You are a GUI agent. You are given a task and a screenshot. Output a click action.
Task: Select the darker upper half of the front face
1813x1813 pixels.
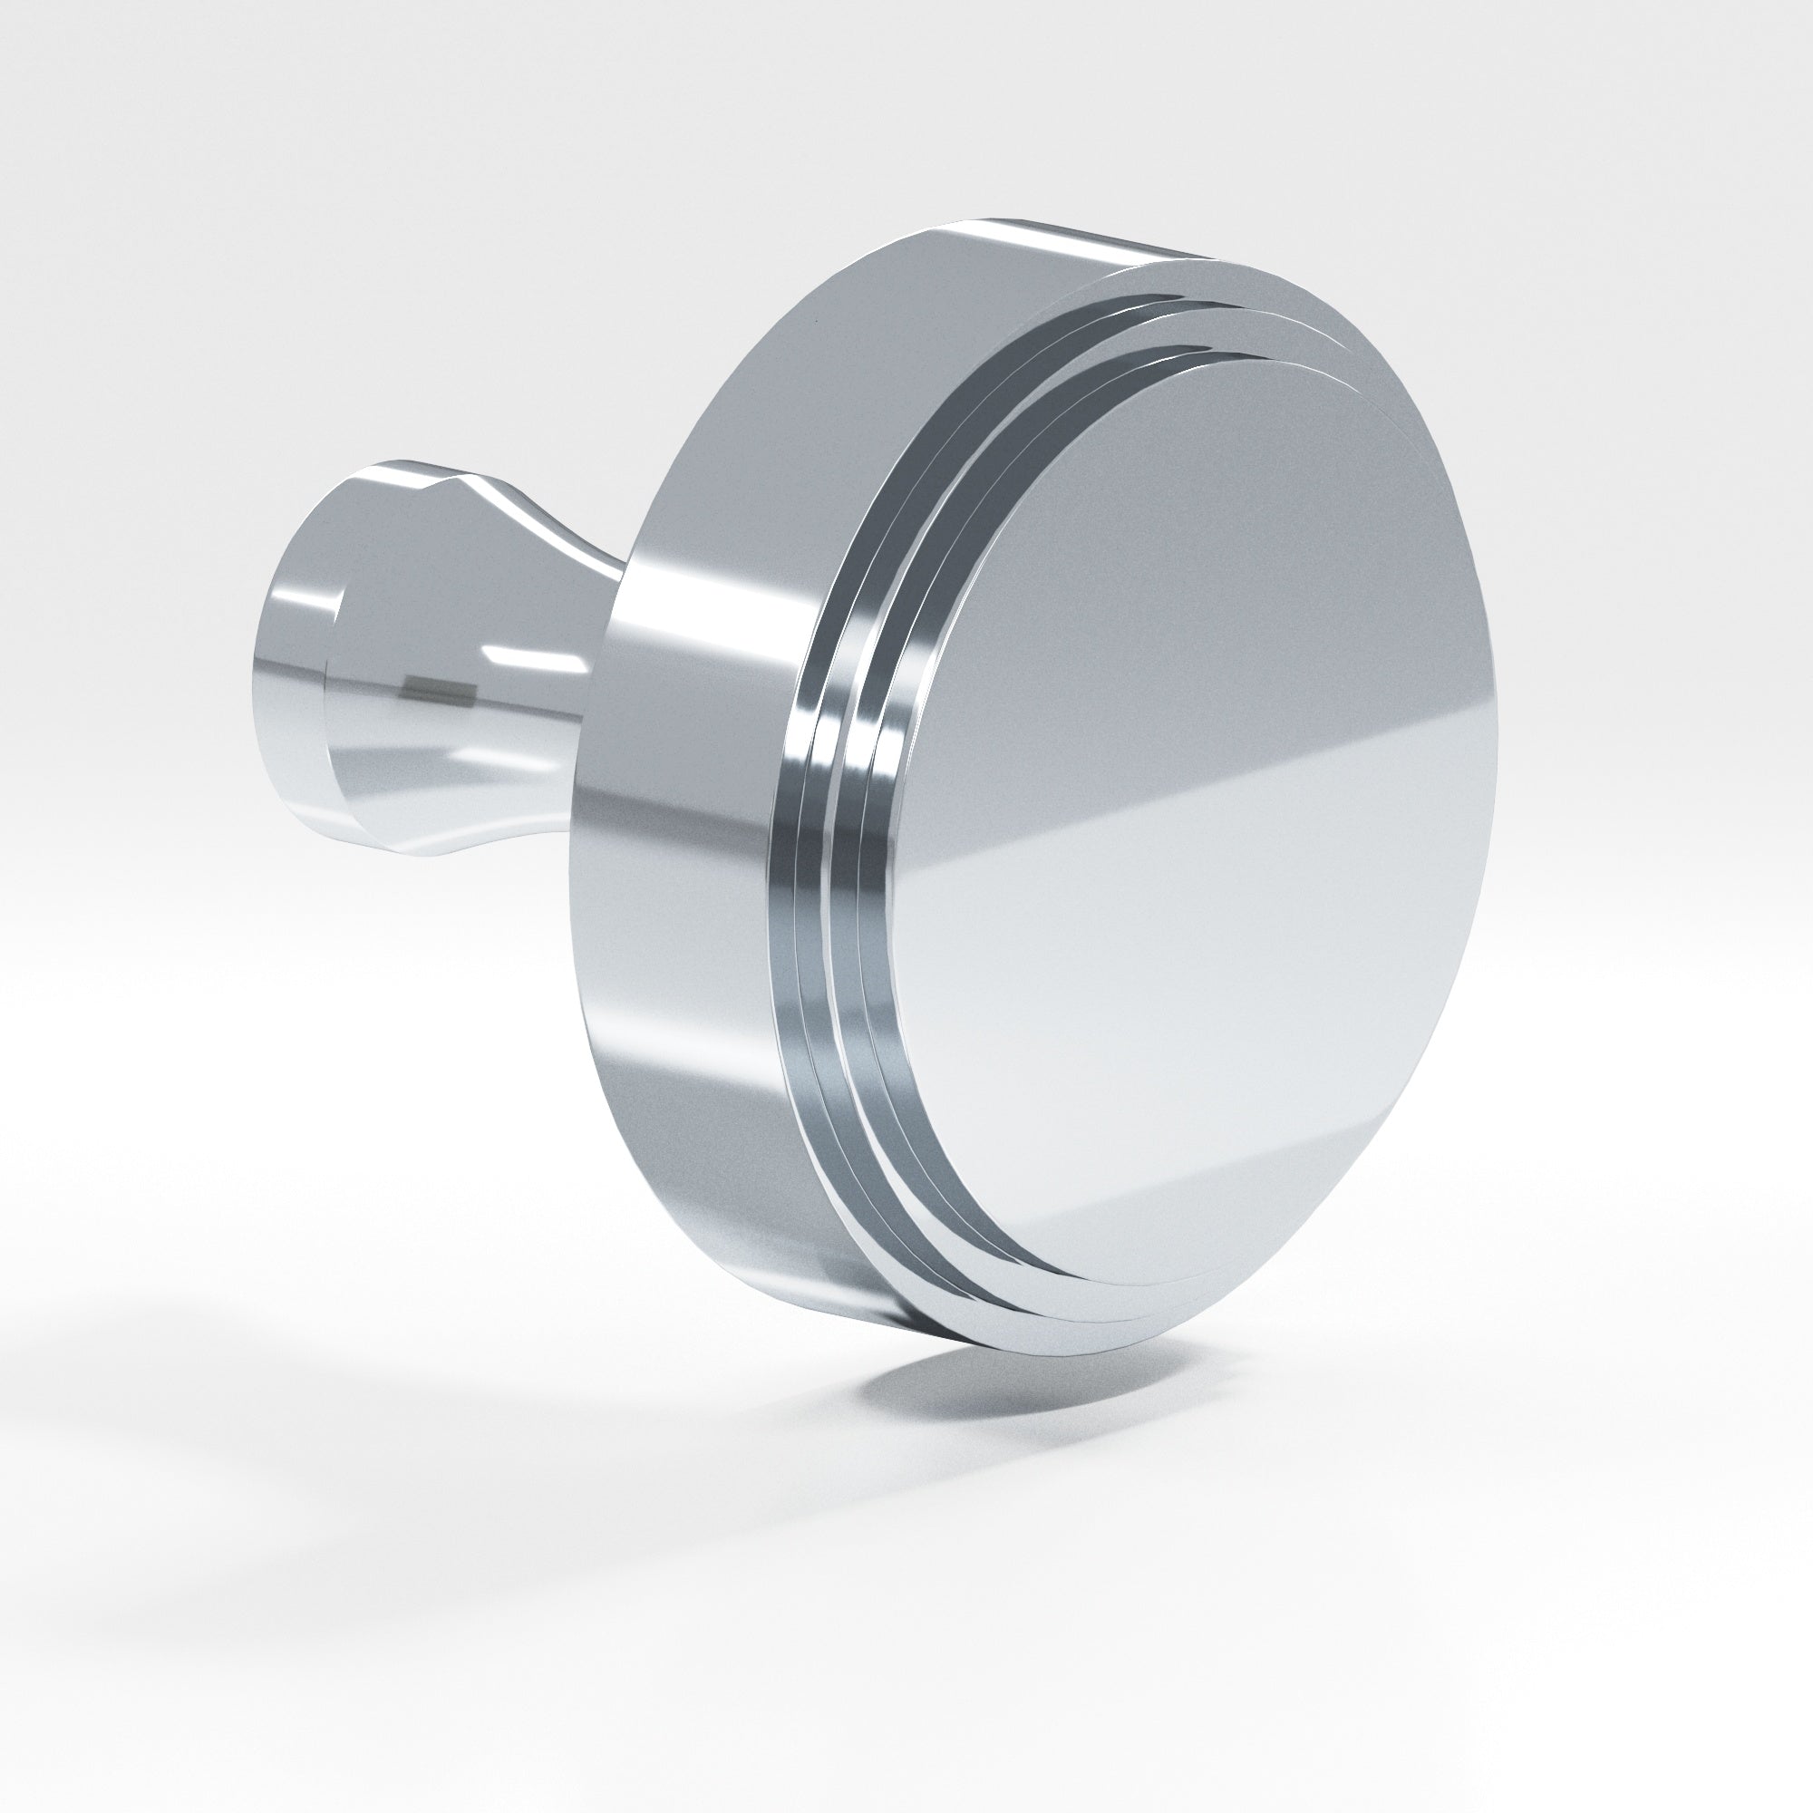point(1173,563)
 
